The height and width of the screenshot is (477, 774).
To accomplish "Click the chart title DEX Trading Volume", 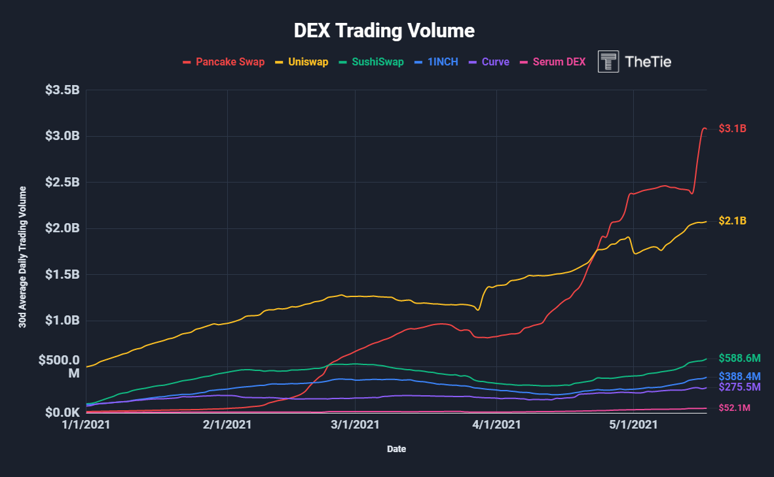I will click(384, 31).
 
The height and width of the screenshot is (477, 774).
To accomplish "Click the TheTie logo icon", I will click(609, 62).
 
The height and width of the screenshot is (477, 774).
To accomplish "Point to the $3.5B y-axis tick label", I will click(62, 90).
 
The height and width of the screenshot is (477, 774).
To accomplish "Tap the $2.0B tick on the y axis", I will click(62, 228).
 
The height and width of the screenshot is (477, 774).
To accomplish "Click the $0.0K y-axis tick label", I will click(62, 413).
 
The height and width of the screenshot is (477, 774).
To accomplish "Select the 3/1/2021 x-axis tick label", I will click(355, 425).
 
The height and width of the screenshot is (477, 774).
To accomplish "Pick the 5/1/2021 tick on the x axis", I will click(633, 425).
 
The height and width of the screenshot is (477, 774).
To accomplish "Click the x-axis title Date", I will click(396, 450).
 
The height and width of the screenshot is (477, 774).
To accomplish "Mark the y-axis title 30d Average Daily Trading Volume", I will click(22, 256).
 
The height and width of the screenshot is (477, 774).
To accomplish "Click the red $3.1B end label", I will click(732, 128).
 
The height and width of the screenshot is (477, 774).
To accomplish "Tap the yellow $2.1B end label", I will click(732, 221).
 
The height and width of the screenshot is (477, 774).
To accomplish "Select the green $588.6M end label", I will click(740, 358).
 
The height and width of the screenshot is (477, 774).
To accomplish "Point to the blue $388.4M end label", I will click(740, 376).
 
